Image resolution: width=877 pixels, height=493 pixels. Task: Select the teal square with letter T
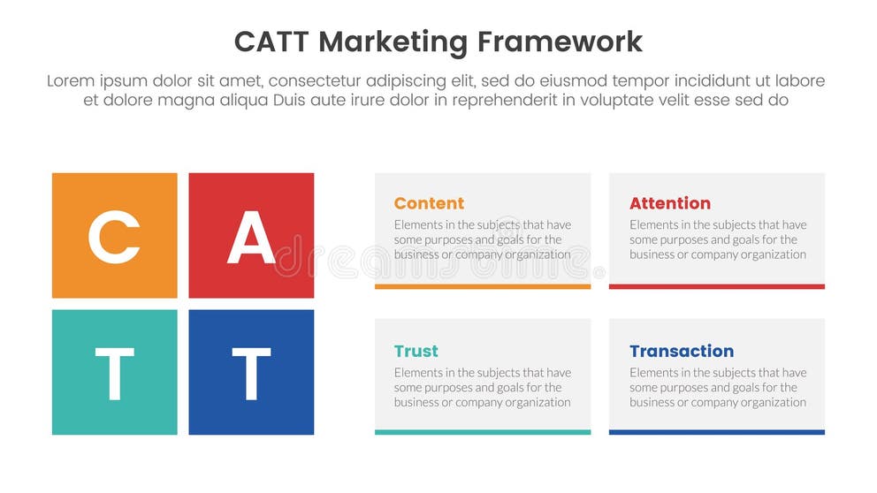115,372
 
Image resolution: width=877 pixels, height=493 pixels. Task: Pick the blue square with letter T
251,372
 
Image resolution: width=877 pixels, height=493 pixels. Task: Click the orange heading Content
429,203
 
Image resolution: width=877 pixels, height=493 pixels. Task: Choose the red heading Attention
669,203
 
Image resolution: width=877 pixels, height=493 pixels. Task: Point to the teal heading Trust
416,351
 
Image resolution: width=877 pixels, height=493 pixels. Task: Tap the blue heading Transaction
681,351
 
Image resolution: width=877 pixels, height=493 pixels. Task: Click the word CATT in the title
271,42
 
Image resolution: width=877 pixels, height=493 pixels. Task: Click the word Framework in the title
560,42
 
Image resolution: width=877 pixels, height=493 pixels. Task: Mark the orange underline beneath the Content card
483,286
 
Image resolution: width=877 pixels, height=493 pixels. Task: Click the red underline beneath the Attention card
716,286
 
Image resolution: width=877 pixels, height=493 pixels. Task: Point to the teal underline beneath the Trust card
483,432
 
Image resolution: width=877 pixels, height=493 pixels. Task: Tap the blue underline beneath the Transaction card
716,432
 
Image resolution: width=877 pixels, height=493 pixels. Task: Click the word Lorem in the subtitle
70,81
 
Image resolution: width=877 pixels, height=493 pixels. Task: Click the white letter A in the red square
251,237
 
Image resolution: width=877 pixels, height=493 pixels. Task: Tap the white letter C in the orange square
114,237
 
